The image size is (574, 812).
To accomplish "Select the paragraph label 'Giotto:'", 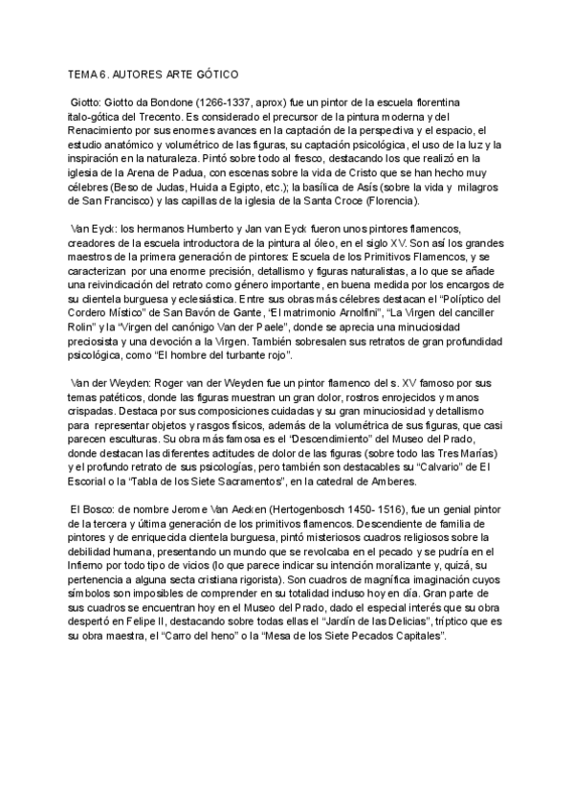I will (x=89, y=101).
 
